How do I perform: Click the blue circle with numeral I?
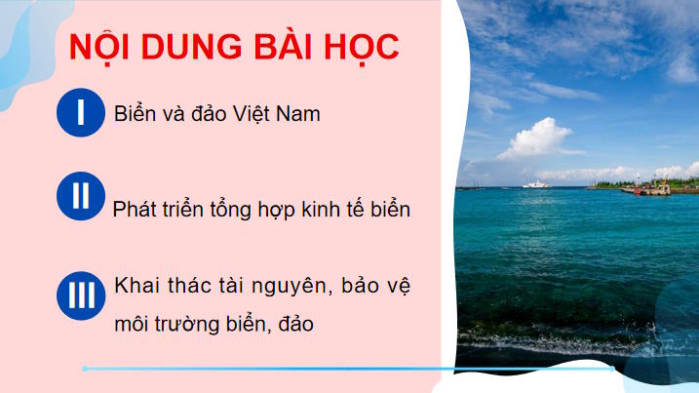click(80, 113)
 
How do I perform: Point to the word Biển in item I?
click(134, 114)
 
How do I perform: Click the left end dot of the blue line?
click(85, 369)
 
